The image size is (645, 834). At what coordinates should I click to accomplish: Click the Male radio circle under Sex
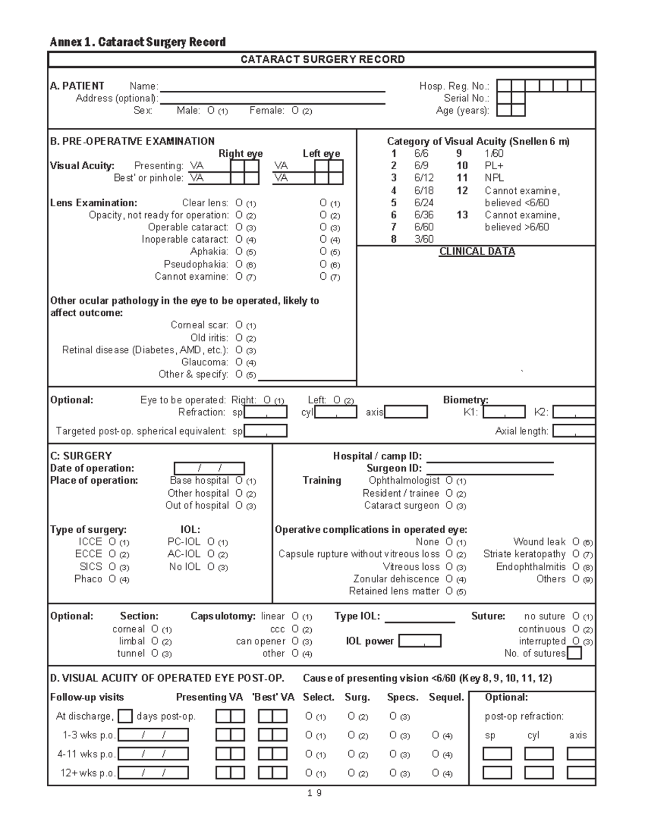point(211,111)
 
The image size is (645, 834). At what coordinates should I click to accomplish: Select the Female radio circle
point(295,111)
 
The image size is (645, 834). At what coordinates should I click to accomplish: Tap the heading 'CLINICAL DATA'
point(477,252)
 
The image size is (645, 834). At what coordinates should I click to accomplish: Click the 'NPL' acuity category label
point(494,178)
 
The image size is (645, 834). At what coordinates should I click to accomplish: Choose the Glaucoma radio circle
point(239,362)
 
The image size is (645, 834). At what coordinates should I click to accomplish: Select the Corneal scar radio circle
point(239,325)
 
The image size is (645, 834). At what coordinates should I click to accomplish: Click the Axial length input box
point(574,431)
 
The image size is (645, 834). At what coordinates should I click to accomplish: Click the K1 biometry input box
point(504,412)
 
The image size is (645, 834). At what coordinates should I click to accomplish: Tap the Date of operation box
point(209,468)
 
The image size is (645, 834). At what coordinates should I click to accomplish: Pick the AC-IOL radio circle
point(211,554)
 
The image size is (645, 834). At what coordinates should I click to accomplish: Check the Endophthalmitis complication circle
point(576,567)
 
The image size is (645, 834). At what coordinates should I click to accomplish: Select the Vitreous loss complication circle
point(449,567)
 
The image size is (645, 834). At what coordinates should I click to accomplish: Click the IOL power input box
point(420,641)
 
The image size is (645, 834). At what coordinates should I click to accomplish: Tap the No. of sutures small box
point(575,654)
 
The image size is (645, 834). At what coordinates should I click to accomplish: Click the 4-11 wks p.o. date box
point(153,754)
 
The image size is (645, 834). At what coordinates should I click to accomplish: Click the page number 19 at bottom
point(315,793)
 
